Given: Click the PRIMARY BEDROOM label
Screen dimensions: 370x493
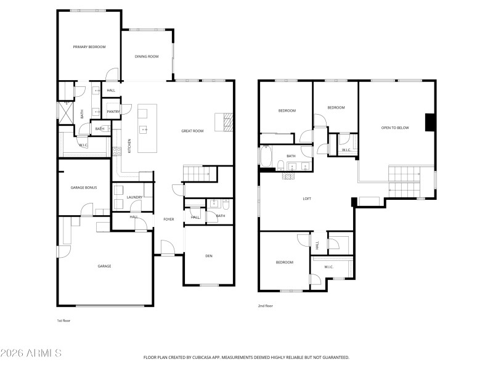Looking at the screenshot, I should (x=89, y=47).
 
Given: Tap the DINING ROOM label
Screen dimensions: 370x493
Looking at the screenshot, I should (x=147, y=56).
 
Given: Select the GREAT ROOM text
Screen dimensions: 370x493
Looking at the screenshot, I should (x=192, y=131).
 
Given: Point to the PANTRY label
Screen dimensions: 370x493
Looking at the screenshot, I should (x=113, y=112).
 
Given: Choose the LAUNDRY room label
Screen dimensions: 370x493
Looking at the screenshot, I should (x=134, y=197).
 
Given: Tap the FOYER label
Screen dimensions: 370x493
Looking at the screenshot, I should (x=168, y=219).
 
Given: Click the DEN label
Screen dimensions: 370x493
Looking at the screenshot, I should (x=209, y=255).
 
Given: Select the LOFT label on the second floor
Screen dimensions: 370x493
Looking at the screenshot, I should (x=307, y=199).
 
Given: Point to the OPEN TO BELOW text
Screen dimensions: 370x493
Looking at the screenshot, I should (x=395, y=128).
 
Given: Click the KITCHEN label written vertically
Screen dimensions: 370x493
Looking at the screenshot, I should (x=129, y=146).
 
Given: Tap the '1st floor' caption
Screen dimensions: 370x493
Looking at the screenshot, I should (x=63, y=321).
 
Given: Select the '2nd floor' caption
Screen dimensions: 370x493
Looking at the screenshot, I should (x=265, y=305).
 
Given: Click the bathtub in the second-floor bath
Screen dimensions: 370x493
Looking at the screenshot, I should (x=266, y=157).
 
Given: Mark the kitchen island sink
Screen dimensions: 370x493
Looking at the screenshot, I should (x=143, y=129).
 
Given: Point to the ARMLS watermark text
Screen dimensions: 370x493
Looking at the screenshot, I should (x=31, y=353).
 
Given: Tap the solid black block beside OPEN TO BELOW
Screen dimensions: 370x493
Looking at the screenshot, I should (x=431, y=122).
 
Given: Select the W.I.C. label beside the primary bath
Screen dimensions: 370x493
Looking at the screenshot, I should (x=83, y=145).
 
